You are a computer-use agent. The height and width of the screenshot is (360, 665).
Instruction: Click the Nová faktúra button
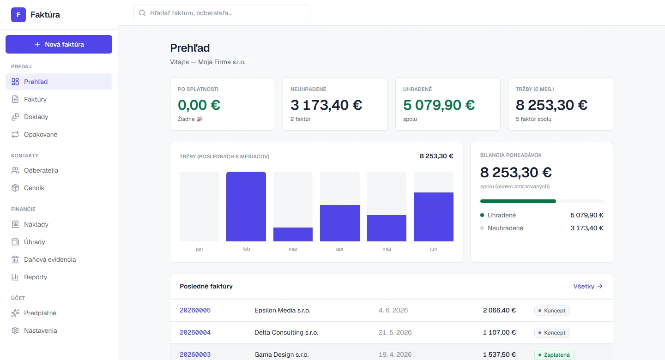click(59, 44)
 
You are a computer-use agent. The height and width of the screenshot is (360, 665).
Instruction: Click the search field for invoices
click(222, 13)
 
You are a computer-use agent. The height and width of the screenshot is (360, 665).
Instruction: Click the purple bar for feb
click(246, 207)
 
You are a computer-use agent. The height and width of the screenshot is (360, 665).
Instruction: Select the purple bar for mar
click(293, 234)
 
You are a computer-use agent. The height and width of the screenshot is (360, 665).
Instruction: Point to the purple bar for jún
click(434, 217)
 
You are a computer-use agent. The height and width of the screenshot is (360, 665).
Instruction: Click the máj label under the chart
click(387, 249)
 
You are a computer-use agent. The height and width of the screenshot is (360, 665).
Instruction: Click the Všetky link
click(588, 286)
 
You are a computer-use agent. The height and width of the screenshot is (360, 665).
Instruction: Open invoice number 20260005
click(195, 310)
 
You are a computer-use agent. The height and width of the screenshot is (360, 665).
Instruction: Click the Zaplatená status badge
click(554, 354)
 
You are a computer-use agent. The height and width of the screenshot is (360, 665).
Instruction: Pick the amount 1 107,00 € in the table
click(499, 332)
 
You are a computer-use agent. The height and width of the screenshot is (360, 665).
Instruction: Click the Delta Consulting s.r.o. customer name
click(286, 332)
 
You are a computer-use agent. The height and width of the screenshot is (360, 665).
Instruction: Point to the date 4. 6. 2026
click(393, 310)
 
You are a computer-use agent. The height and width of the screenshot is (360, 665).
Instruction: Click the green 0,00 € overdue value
click(199, 105)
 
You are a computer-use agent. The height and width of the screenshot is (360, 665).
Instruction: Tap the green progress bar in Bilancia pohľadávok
click(518, 201)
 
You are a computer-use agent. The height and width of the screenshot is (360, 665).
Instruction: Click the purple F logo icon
click(18, 15)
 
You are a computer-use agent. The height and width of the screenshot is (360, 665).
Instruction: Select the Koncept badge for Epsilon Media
click(552, 311)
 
